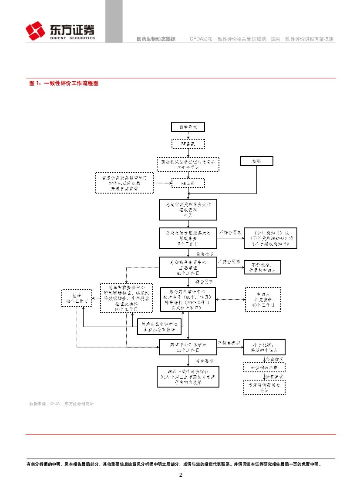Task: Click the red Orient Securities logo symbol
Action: (35, 31)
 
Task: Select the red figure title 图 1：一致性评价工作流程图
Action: (64, 83)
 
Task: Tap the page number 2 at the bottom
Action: (181, 475)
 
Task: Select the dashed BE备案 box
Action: (188, 144)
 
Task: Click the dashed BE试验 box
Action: (188, 183)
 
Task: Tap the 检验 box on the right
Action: (256, 161)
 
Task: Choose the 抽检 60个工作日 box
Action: (76, 298)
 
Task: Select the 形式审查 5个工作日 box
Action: (188, 238)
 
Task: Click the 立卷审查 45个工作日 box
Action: (188, 268)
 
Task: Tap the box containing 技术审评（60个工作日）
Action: (188, 299)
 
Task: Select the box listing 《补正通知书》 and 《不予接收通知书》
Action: (270, 238)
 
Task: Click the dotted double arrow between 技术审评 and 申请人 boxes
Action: (230, 299)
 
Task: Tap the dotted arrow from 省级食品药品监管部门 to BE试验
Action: (162, 184)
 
